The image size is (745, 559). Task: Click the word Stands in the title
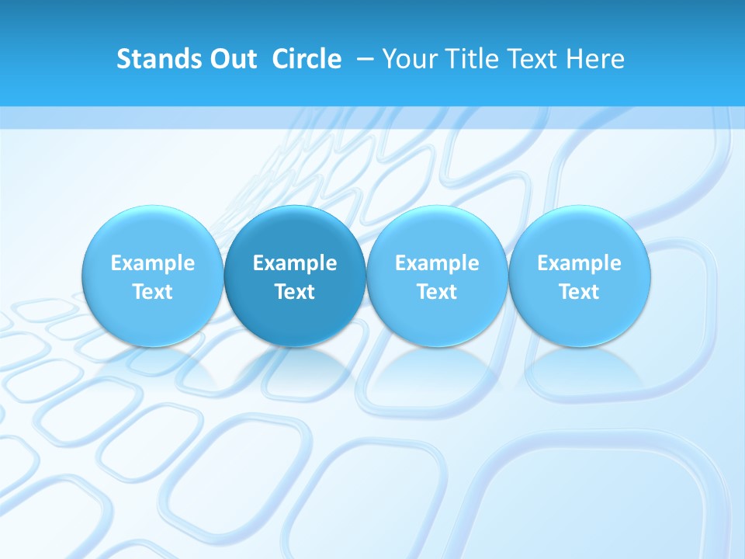point(152,59)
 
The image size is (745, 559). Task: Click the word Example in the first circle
point(153,264)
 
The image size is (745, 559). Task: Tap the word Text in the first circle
point(153,292)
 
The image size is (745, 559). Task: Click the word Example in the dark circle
point(295,264)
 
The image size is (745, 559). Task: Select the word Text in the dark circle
point(295,292)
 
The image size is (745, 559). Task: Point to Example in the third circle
point(437,264)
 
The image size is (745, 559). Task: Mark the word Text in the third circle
point(437,292)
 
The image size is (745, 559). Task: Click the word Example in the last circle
point(579,264)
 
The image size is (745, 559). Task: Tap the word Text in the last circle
point(579,292)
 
